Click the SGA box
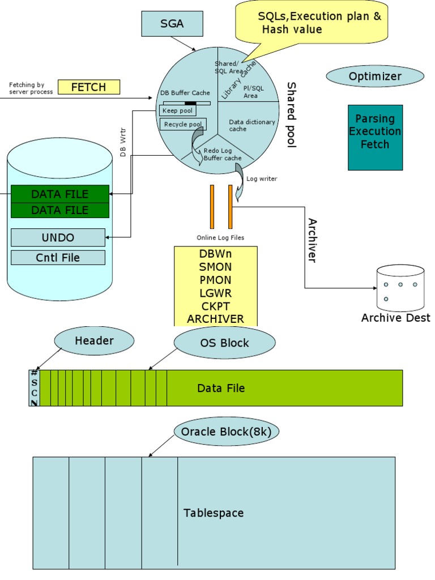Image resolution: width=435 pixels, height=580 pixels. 171,24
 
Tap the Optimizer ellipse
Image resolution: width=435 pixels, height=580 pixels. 375,76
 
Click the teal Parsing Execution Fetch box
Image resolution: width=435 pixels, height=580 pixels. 375,137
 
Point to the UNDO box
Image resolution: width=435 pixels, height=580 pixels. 58,237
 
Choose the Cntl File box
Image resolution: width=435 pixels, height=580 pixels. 58,258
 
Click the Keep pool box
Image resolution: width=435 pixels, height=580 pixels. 178,111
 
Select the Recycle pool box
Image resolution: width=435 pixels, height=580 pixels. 182,124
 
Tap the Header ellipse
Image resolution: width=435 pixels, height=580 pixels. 94,341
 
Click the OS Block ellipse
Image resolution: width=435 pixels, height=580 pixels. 224,343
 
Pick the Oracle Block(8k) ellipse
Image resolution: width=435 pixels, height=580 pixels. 226,432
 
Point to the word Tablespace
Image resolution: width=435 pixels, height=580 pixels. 214,513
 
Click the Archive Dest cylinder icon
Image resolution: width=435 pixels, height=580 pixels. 400,288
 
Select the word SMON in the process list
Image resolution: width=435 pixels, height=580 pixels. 215,267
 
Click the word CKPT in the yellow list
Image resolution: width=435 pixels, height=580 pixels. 215,306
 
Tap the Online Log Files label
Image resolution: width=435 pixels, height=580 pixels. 220,237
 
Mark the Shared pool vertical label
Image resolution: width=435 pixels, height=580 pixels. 291,114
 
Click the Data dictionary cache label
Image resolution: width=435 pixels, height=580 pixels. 252,125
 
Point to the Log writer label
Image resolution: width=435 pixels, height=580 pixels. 262,179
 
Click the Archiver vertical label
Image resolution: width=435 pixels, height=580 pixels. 312,240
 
